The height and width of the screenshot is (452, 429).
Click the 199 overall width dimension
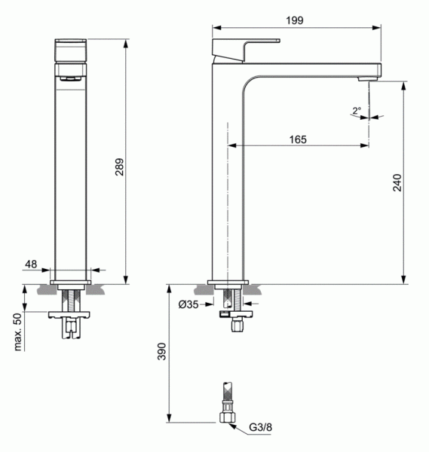295,20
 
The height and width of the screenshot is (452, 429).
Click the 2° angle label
356,111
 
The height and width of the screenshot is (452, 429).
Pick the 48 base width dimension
32,264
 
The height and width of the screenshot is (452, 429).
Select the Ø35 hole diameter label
188,304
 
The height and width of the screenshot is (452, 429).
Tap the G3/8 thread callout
261,427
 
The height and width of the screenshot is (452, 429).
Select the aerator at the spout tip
367,76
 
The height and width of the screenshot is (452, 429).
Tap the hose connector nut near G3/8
225,417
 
